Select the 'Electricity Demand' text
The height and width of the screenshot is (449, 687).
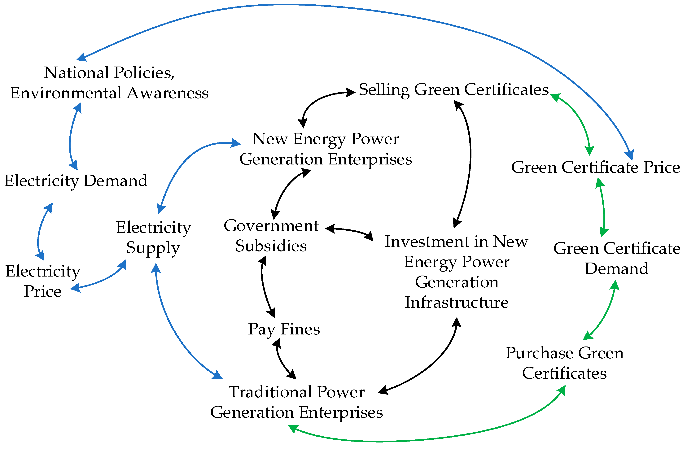[76, 181]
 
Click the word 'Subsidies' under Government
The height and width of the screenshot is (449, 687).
[271, 246]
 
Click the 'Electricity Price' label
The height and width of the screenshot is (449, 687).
[43, 281]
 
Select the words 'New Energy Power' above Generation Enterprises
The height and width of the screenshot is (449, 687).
[326, 139]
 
